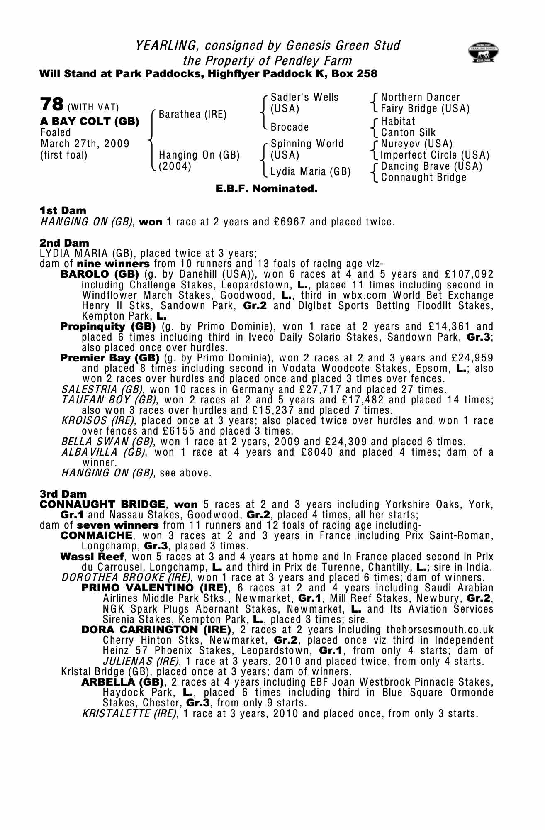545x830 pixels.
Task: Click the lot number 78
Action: pyautogui.click(x=52, y=104)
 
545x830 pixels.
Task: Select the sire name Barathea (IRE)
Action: pyautogui.click(x=192, y=115)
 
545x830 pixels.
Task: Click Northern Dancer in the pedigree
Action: pyautogui.click(x=420, y=98)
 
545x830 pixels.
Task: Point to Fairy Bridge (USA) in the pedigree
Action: pyautogui.click(x=425, y=109)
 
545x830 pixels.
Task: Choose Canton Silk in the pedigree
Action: pyautogui.click(x=408, y=133)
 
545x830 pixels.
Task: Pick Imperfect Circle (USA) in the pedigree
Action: pyautogui.click(x=435, y=155)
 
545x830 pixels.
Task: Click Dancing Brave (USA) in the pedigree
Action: pyautogui.click(x=431, y=166)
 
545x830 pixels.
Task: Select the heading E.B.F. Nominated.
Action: pyautogui.click(x=266, y=189)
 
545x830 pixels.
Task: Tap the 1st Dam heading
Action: pyautogui.click(x=63, y=211)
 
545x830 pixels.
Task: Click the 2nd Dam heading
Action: pyautogui.click(x=64, y=243)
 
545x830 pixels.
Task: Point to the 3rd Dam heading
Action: pyautogui.click(x=63, y=494)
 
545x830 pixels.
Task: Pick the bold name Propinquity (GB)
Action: pyautogui.click(x=108, y=327)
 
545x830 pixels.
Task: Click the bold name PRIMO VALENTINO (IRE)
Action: pyautogui.click(x=154, y=588)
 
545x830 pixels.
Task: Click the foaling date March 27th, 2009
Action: pyautogui.click(x=85, y=144)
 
